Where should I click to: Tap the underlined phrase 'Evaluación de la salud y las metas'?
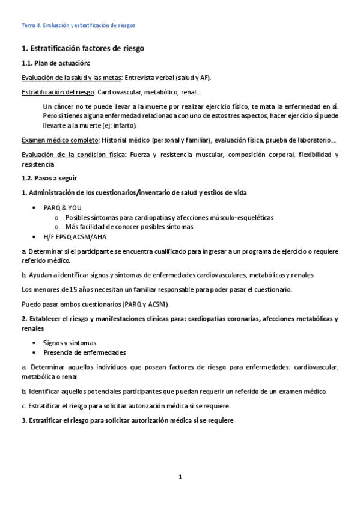(71, 78)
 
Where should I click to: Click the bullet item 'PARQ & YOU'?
(62, 207)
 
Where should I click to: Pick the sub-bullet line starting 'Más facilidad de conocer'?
(129, 227)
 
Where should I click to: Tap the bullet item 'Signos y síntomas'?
(69, 342)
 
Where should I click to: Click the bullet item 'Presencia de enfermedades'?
(85, 352)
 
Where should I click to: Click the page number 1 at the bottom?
(180, 477)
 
